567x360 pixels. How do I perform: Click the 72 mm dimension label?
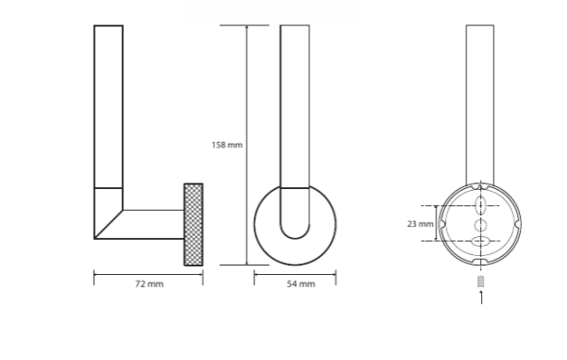[149, 284]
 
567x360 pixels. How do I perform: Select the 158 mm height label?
[227, 145]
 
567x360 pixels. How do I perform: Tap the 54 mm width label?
[301, 284]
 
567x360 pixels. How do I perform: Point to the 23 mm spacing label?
[421, 224]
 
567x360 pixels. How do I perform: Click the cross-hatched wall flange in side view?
[194, 225]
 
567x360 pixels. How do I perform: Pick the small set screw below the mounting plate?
[481, 281]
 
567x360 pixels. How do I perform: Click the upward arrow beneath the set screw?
[481, 297]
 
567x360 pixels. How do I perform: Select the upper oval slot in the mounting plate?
[481, 204]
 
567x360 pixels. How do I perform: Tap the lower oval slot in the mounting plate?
[481, 241]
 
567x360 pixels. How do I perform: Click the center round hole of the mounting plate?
[481, 225]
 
